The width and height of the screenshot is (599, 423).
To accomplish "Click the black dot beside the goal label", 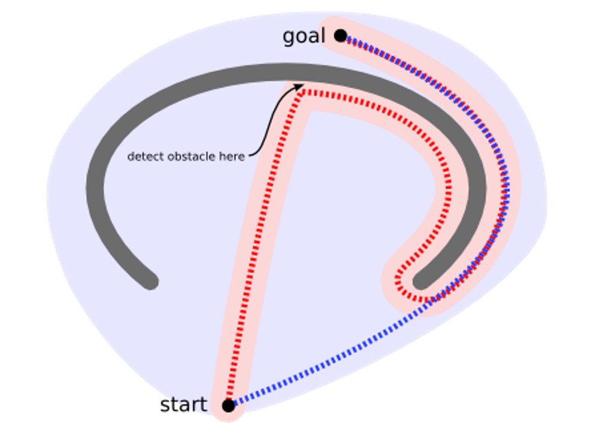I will [340, 36].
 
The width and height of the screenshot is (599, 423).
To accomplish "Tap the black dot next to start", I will [228, 406].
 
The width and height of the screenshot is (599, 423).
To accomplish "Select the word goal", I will [304, 37].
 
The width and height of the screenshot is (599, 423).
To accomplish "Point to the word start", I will [183, 405].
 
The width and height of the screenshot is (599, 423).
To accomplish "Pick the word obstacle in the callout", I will [191, 156].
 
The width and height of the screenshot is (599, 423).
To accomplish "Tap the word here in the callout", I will [234, 156].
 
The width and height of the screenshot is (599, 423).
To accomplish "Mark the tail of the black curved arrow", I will [249, 156].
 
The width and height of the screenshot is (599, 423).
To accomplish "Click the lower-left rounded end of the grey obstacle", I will [149, 280].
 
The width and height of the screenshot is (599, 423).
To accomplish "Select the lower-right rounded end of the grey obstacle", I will [422, 280].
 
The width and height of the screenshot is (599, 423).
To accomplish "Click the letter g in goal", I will [289, 38].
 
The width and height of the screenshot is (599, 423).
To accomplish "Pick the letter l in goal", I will [323, 36].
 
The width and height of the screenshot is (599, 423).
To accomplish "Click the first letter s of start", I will [165, 406].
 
